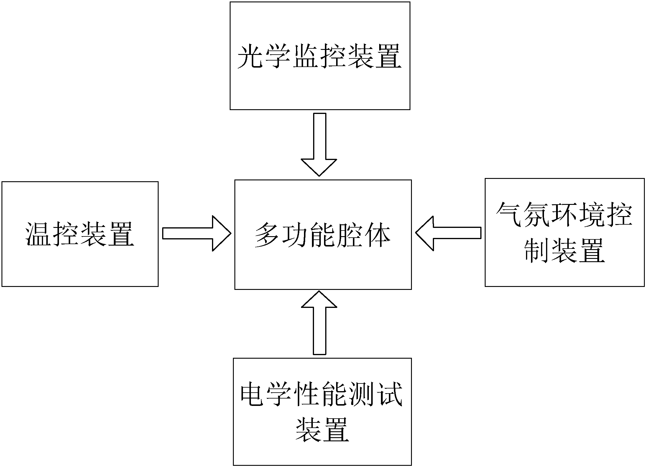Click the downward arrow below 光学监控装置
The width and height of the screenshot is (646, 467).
tap(319, 145)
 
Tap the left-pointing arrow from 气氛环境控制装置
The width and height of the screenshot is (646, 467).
tap(448, 233)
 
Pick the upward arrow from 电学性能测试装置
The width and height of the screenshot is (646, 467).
tap(319, 323)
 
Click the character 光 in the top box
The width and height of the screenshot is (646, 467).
tap(251, 57)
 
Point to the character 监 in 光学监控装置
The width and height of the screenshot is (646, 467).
tap(306, 57)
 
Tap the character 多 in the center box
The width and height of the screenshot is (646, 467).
tap(267, 235)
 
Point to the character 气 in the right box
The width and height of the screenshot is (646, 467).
tap(509, 215)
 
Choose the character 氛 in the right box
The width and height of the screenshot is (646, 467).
tap(537, 215)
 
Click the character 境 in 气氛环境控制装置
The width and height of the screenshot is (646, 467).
tap(591, 215)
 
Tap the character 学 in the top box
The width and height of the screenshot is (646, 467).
tap(278, 57)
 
